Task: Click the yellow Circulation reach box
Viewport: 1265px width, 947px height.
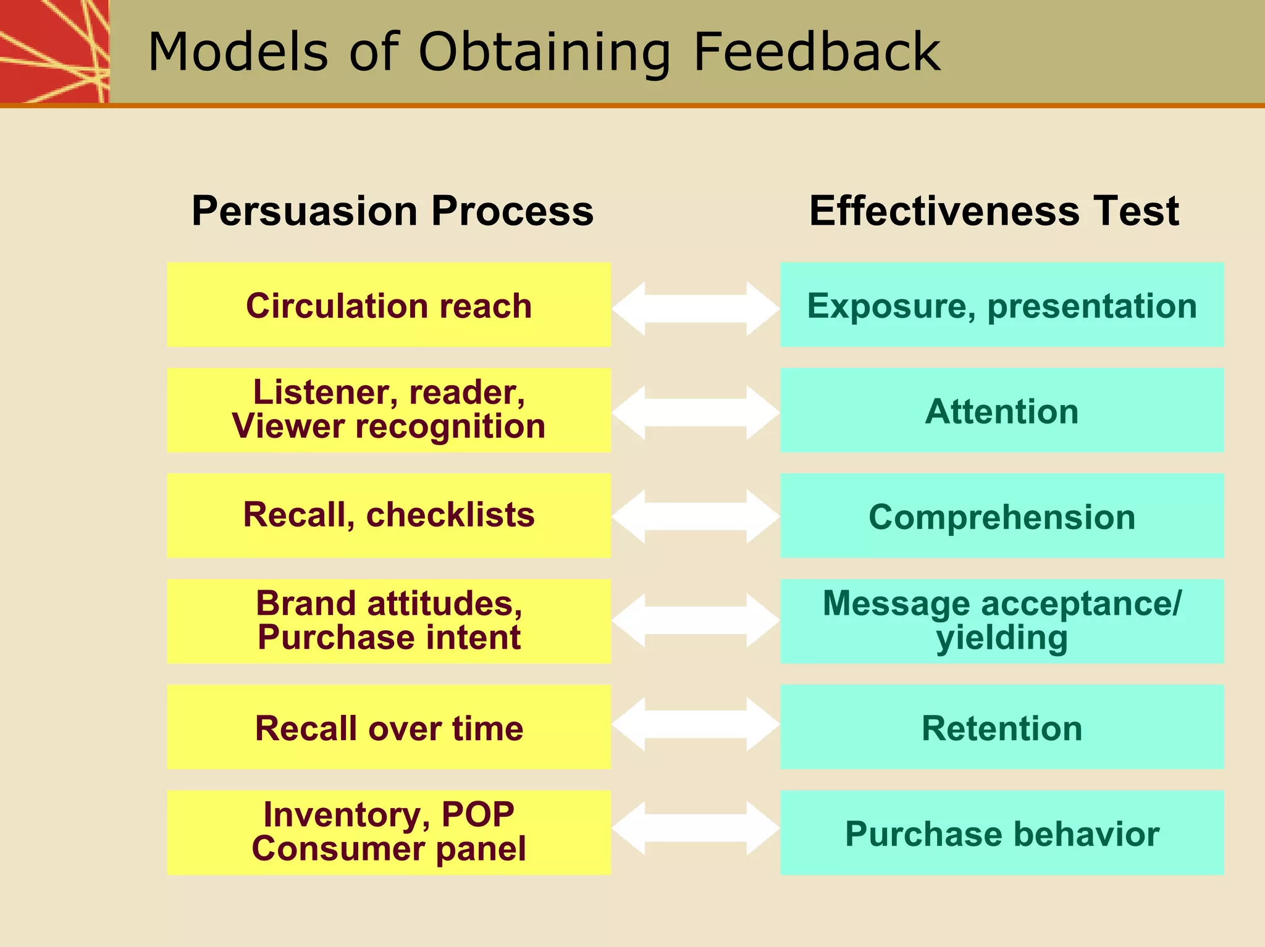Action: tap(389, 305)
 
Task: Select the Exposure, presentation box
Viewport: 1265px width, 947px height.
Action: tap(1001, 305)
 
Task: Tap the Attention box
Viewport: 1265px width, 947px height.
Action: tap(1001, 411)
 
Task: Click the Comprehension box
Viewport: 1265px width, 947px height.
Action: tap(1001, 516)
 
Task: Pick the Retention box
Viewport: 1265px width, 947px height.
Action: tap(1001, 727)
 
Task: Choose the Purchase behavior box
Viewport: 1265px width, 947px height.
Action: tap(1001, 833)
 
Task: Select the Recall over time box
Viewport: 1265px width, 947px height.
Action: tap(389, 727)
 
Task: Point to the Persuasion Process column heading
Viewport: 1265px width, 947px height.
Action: tap(392, 211)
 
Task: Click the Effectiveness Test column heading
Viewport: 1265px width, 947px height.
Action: tap(994, 211)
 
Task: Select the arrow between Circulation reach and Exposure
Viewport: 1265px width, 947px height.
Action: tap(696, 308)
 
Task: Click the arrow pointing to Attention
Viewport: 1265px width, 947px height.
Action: tap(696, 412)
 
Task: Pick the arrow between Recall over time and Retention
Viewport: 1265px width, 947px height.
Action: tap(696, 724)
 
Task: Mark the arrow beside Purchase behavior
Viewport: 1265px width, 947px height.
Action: tap(696, 828)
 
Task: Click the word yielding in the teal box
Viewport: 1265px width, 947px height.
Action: tap(1001, 638)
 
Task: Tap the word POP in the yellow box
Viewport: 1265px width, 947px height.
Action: tap(477, 814)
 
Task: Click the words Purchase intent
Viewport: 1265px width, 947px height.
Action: tap(389, 637)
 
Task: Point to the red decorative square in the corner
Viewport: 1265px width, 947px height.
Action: tap(53, 51)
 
